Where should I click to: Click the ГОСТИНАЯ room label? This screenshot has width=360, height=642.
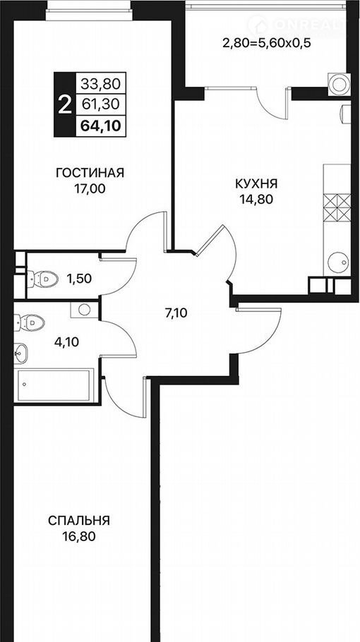click(x=90, y=173)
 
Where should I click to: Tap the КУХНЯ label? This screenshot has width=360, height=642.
click(x=256, y=183)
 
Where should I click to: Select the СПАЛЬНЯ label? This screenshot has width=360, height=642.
click(x=79, y=521)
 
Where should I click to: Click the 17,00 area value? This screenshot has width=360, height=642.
click(x=90, y=189)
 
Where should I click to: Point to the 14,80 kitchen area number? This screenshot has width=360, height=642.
click(x=257, y=200)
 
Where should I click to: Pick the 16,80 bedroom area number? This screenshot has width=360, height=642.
click(x=79, y=536)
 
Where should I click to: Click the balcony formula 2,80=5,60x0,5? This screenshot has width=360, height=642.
click(x=264, y=43)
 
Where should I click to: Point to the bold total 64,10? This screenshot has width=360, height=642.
click(x=101, y=126)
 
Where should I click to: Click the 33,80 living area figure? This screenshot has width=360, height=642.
click(x=100, y=85)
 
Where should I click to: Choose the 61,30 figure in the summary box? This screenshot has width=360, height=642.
click(x=101, y=105)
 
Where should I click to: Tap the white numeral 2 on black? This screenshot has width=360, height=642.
click(x=64, y=105)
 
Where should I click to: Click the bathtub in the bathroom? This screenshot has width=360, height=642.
click(x=54, y=385)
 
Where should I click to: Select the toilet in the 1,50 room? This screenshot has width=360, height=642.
click(x=43, y=279)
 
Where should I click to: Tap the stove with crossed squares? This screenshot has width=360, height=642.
click(x=337, y=207)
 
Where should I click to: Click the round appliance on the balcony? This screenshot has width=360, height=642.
click(x=339, y=84)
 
